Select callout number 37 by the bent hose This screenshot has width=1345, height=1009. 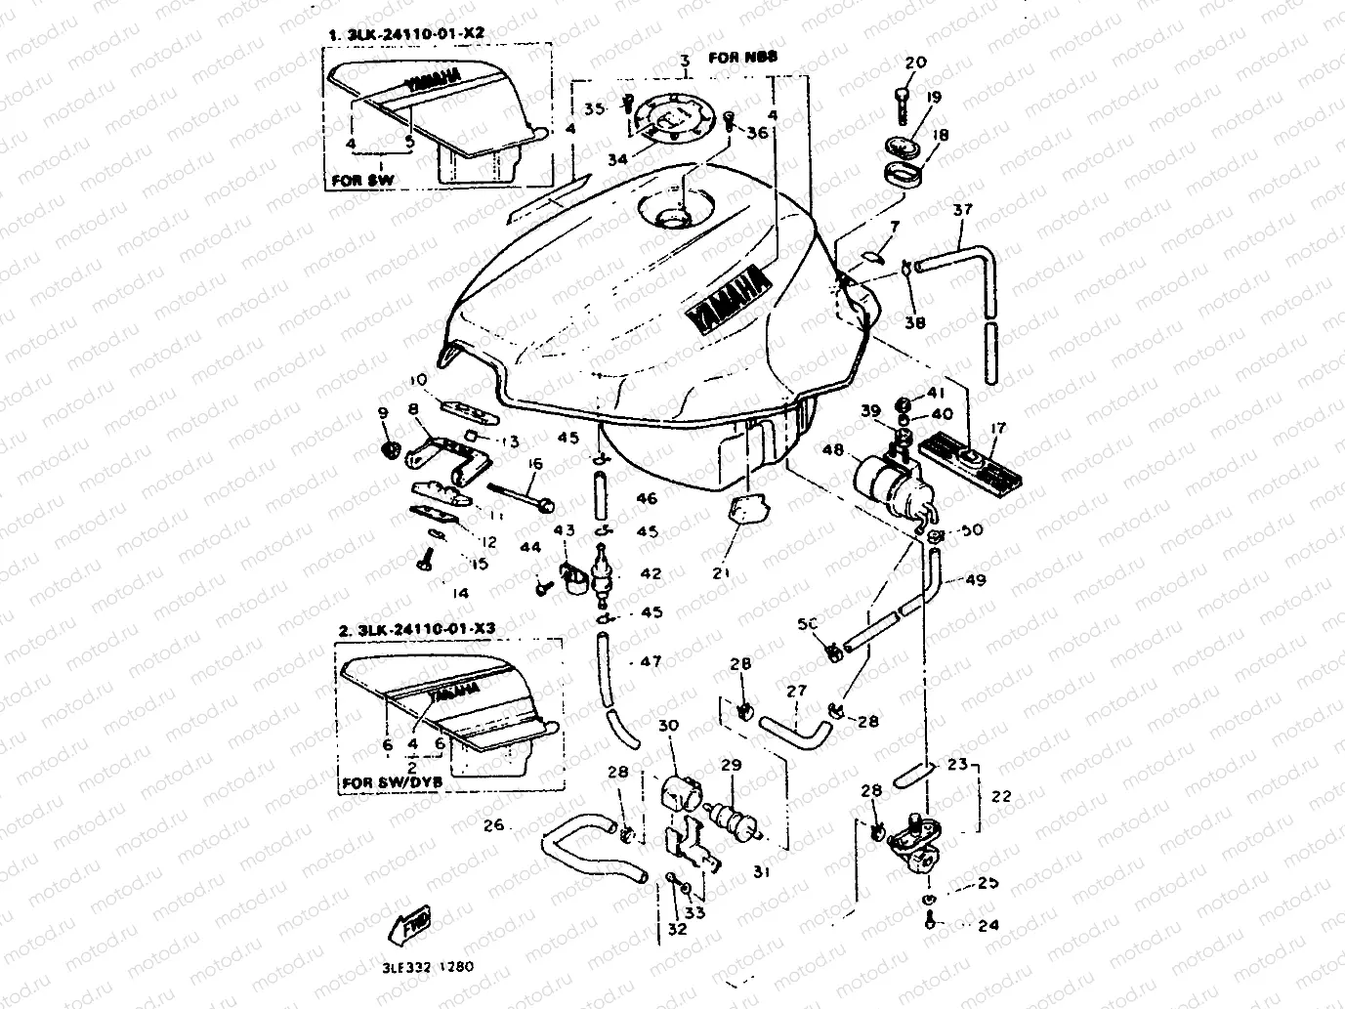point(963,209)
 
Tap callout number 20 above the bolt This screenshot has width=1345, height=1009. point(915,63)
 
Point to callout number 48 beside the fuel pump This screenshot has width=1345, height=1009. point(833,450)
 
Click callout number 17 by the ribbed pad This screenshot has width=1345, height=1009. point(997,428)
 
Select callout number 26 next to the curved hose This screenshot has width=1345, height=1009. point(493,825)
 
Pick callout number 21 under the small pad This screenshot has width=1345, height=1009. point(721,573)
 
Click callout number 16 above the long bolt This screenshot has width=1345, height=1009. point(535,463)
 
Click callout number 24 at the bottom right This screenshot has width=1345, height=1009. point(988,925)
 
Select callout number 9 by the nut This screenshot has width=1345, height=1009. point(382,413)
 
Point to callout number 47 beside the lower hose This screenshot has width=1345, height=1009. point(651,661)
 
